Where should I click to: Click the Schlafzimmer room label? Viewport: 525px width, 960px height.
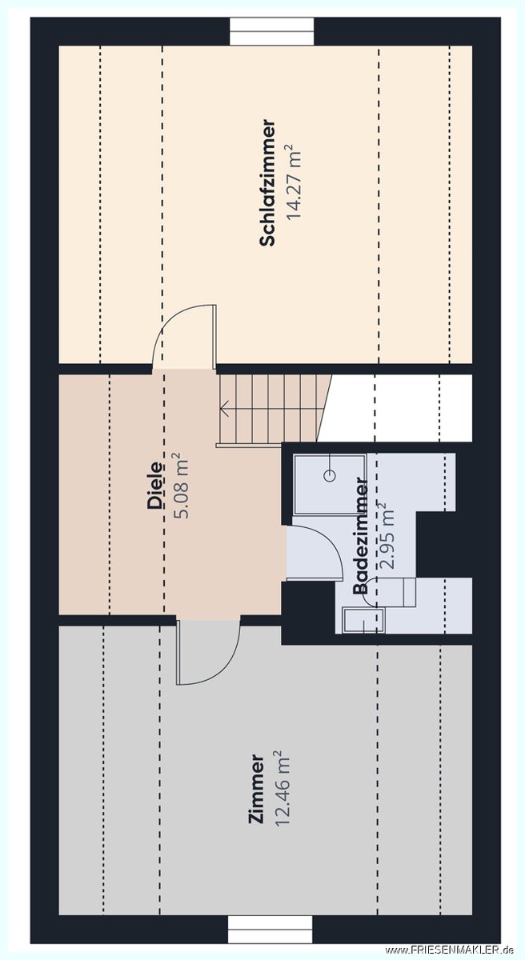(267, 183)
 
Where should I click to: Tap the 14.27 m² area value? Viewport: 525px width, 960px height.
(295, 182)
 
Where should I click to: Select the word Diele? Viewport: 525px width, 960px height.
(155, 485)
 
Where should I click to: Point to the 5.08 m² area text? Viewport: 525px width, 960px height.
(182, 485)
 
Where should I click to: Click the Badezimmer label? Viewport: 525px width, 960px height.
(360, 536)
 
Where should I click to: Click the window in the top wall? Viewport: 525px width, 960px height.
(272, 31)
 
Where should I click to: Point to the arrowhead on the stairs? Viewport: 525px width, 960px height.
(224, 410)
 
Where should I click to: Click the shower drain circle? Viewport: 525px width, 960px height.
(330, 475)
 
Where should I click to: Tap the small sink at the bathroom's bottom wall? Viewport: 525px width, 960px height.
(364, 620)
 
